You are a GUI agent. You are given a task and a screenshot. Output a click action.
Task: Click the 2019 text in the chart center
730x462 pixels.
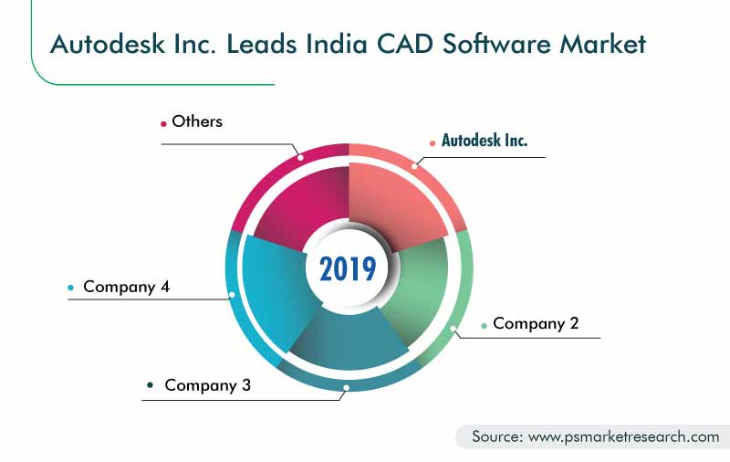pos(348,268)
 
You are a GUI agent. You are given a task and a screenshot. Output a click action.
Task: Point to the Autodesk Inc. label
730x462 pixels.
pos(485,141)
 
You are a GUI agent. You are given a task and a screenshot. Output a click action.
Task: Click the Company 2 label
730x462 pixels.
pos(536,323)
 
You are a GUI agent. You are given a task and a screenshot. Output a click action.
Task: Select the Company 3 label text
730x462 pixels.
pos(208,385)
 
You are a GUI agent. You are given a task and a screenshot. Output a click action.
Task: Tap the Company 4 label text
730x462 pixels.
pos(126,287)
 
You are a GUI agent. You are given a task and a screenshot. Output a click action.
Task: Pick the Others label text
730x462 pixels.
pos(197,121)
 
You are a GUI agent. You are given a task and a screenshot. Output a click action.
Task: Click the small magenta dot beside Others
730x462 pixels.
pos(163,124)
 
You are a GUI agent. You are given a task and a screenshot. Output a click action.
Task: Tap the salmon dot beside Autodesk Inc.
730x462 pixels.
pos(433,143)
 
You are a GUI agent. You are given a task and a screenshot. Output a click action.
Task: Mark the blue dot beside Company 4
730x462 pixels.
pos(71,288)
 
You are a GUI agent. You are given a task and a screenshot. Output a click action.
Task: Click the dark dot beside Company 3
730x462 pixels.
pos(150,384)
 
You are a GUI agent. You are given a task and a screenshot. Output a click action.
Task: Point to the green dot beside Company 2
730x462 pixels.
pos(485,326)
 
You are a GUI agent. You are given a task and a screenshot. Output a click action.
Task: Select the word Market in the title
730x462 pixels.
pos(602,44)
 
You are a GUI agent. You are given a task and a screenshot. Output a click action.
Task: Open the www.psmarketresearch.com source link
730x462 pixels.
pos(624,436)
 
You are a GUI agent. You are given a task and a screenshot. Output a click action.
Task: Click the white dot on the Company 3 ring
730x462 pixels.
pos(347,387)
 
